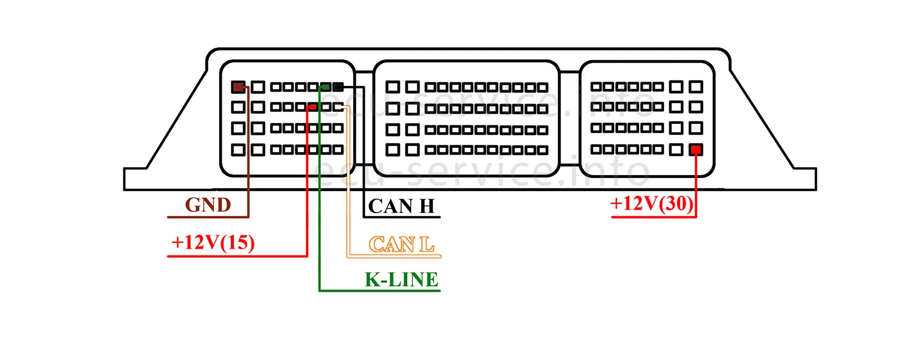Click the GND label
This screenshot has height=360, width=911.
click(x=208, y=205)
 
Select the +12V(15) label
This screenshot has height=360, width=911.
click(x=213, y=242)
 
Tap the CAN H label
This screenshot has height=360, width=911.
click(x=402, y=206)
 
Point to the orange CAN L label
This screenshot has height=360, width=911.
click(x=401, y=245)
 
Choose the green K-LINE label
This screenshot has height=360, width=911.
click(x=402, y=280)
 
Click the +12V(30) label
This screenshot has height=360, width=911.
click(x=652, y=203)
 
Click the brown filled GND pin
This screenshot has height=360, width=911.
click(x=238, y=87)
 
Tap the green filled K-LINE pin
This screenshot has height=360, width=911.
click(x=325, y=87)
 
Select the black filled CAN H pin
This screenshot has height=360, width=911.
click(x=338, y=87)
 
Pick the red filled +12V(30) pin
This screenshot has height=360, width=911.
click(x=696, y=150)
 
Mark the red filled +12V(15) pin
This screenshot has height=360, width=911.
click(x=312, y=107)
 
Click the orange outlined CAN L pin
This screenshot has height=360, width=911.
click(x=338, y=107)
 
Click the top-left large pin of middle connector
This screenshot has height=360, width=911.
click(x=392, y=87)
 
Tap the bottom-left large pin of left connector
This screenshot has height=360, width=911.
click(x=238, y=150)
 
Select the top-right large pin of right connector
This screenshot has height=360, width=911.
click(x=696, y=87)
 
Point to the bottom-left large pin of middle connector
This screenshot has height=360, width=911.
click(x=392, y=150)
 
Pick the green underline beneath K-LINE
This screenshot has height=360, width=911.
click(x=379, y=291)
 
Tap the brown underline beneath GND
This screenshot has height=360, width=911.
click(x=207, y=217)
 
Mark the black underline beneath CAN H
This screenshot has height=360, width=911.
click(x=402, y=217)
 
